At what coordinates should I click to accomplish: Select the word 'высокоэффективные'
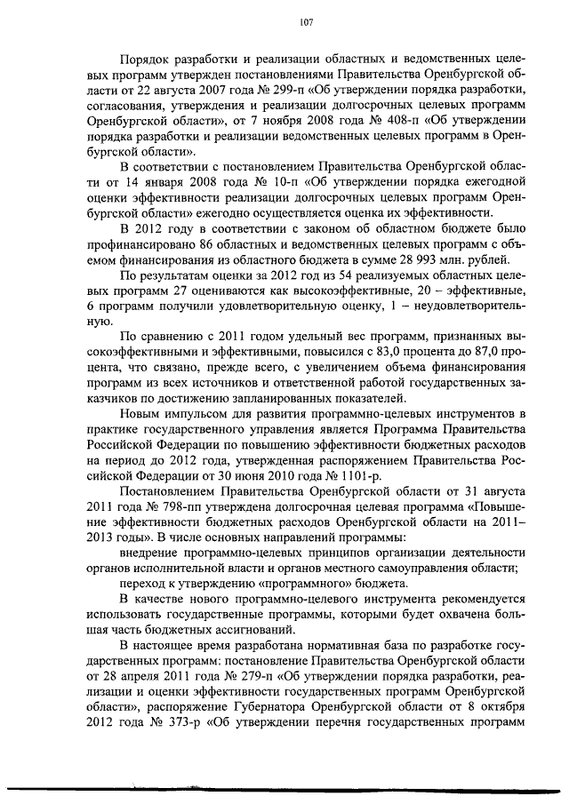coord(357,291)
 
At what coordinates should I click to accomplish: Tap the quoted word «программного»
coord(312,583)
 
